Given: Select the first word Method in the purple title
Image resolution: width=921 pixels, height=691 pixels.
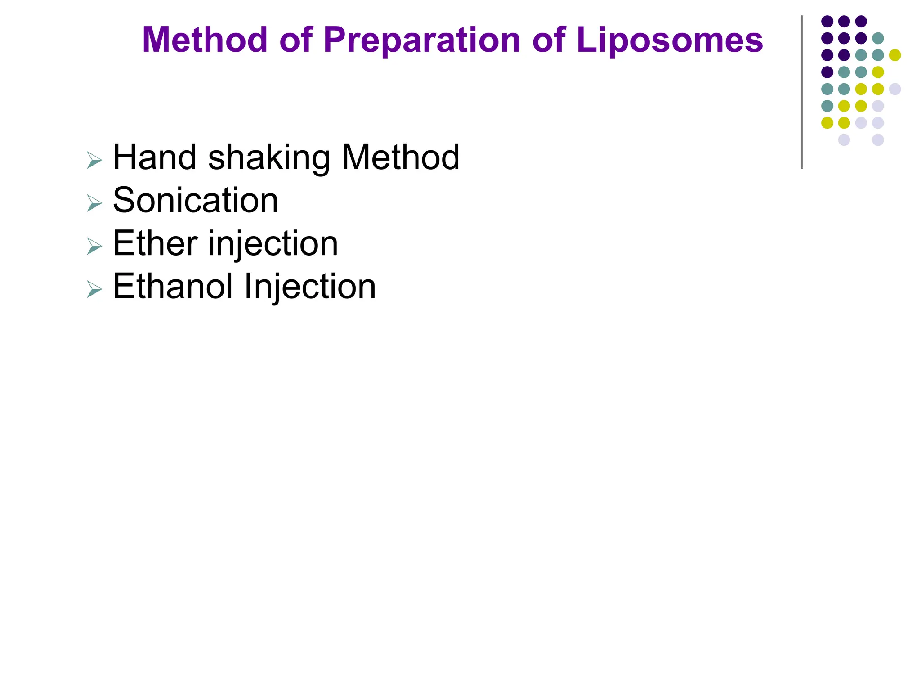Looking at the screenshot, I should [205, 40].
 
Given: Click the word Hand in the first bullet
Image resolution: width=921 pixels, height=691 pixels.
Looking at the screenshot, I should [155, 157].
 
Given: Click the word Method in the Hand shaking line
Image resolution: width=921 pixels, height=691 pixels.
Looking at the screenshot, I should [400, 157].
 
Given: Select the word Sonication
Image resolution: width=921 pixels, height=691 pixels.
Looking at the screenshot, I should [195, 200].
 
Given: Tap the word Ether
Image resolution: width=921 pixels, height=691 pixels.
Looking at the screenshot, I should [155, 243].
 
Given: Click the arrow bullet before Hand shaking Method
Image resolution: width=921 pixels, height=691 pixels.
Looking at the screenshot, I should [94, 161].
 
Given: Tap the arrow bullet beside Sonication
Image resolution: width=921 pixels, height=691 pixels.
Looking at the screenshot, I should [94, 203].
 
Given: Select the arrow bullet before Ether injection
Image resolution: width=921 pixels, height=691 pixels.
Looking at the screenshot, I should [94, 247].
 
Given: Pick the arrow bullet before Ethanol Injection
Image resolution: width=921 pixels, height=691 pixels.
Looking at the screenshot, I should [94, 290].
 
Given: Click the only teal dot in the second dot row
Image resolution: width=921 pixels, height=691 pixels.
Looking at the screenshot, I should [878, 38].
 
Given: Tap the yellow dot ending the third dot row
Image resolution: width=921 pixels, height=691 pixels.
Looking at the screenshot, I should [895, 55].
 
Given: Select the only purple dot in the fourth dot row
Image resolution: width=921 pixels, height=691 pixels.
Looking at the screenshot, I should [827, 72].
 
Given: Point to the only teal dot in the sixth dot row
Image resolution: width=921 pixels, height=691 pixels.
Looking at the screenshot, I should [827, 106].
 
